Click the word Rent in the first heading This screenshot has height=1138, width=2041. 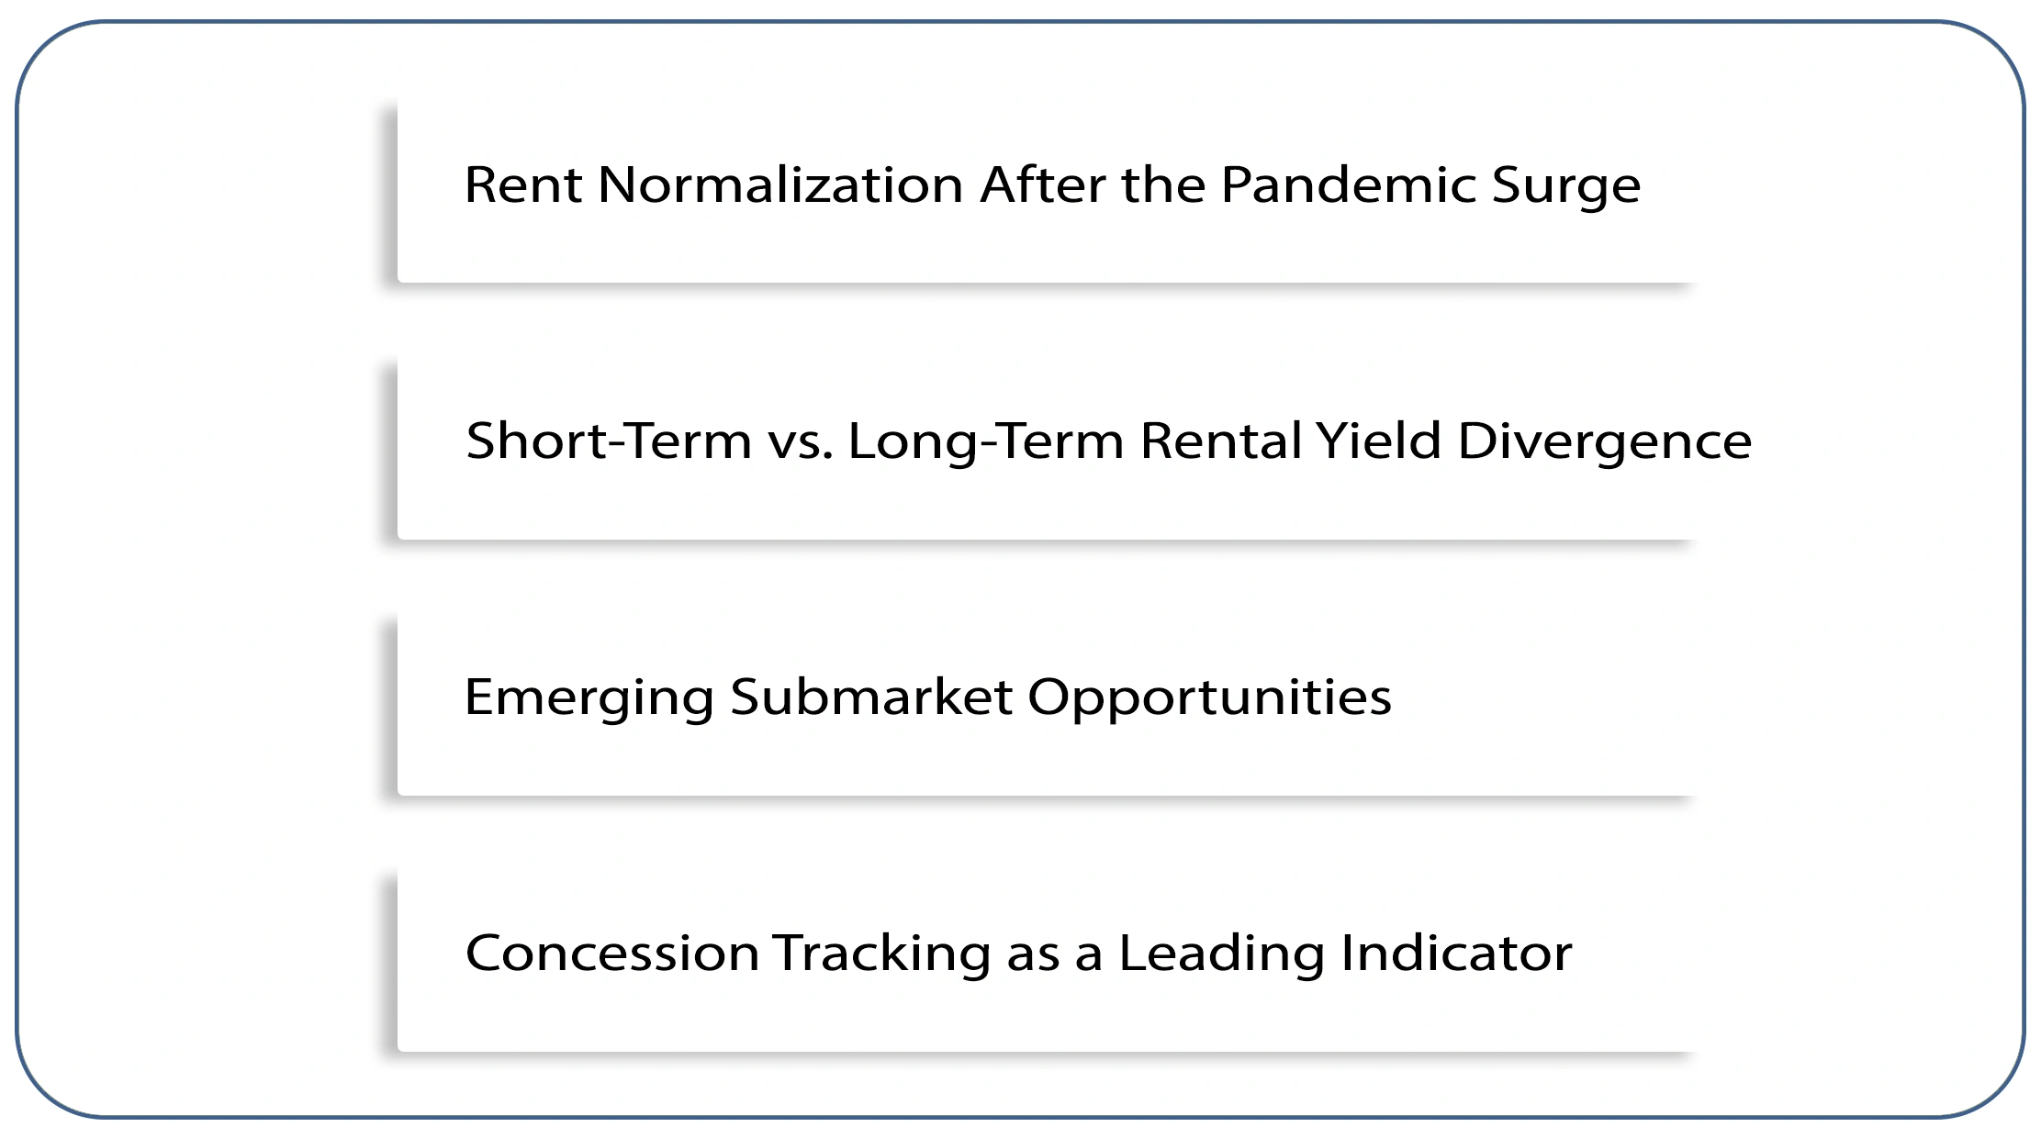pos(522,185)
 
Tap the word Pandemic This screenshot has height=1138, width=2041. pos(1348,185)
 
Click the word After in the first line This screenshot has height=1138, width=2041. pos(1042,185)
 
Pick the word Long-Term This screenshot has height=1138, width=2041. pos(985,441)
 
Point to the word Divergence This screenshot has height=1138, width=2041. pos(1604,442)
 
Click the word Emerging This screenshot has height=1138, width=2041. pos(589,697)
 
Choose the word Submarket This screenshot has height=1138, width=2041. pos(871,697)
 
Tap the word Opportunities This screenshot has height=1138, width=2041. pos(1208,697)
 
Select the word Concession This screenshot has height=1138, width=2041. pos(612,953)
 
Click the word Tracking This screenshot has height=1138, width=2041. pos(881,953)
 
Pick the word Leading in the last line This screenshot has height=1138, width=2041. pos(1221,953)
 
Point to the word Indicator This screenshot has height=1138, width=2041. pos(1456,953)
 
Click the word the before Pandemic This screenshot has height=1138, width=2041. pos(1163,185)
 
